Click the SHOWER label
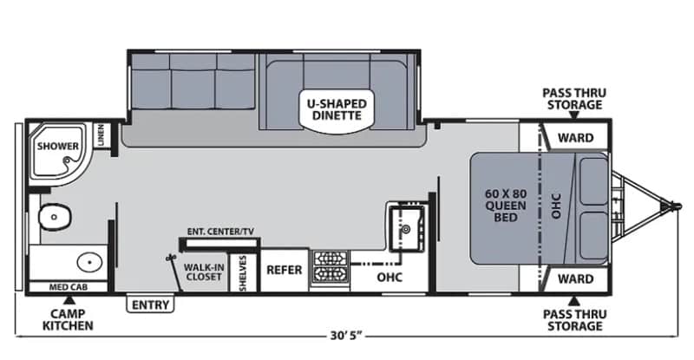click(x=57, y=147)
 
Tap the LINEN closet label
click(x=101, y=135)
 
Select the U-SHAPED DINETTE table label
click(x=337, y=109)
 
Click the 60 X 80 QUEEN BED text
click(x=504, y=203)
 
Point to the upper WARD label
click(x=575, y=137)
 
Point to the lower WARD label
click(x=575, y=278)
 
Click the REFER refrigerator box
click(x=284, y=270)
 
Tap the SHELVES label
click(x=244, y=272)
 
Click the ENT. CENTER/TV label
click(x=220, y=231)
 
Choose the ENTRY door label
click(x=151, y=304)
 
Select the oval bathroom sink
click(x=88, y=260)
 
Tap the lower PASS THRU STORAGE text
click(x=572, y=319)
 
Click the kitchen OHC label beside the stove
click(x=388, y=278)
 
